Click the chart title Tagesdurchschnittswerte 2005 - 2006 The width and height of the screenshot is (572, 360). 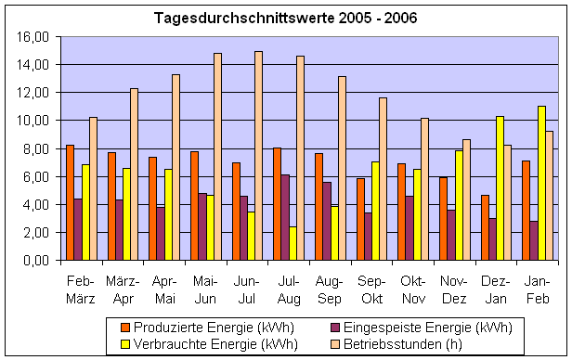tap(285, 19)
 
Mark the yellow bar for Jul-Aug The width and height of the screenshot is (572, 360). tap(292, 243)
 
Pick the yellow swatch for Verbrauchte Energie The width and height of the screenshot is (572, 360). tap(124, 343)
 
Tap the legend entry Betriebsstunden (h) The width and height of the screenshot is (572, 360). tap(391, 343)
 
